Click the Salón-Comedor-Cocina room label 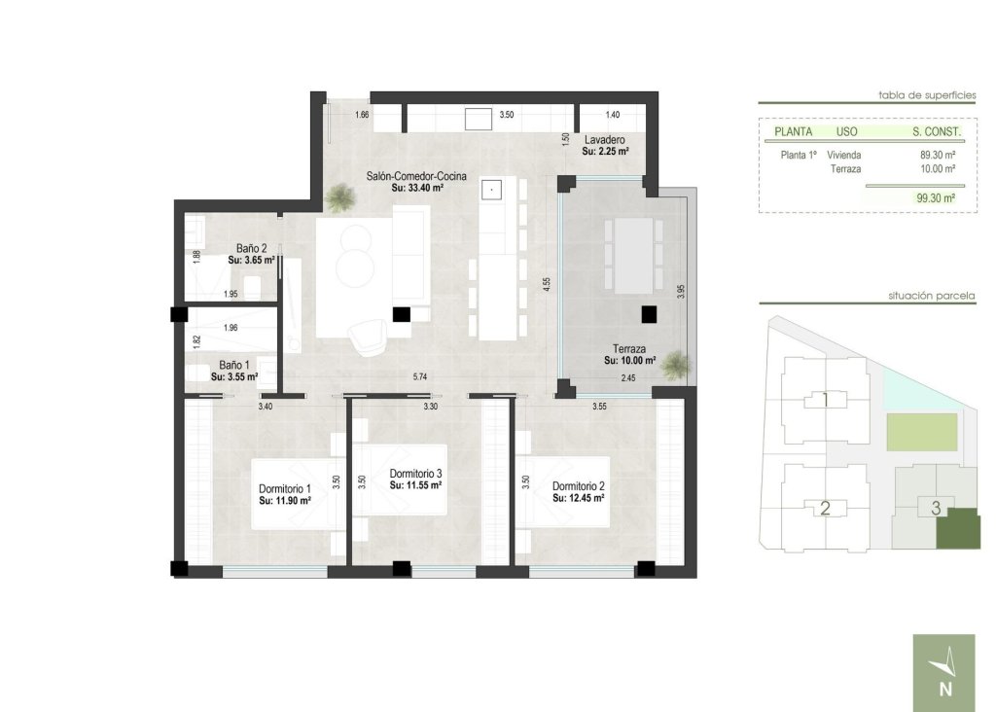coord(416,176)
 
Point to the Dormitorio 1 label coord(284,488)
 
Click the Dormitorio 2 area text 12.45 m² coord(579,498)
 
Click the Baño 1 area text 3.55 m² coord(234,376)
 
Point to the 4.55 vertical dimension coord(547,286)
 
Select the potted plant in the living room coord(340,199)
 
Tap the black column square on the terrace coord(649,314)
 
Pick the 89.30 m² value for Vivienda coord(937,155)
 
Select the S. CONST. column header coord(937,131)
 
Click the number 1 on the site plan coord(825,400)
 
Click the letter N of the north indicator coord(944,691)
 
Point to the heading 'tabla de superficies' coord(925,95)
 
